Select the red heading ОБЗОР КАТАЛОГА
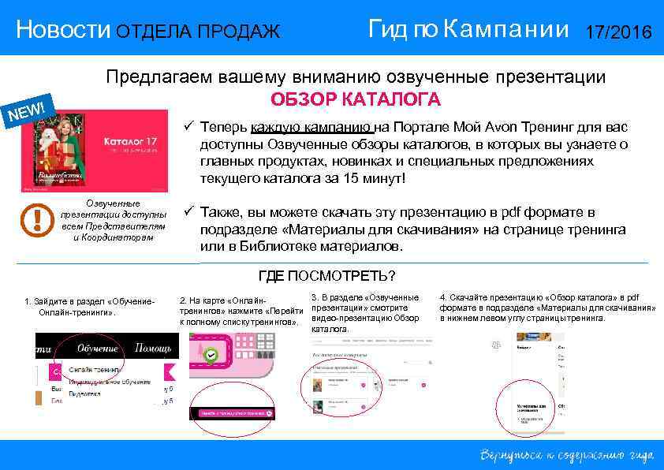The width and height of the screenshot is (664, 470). pos(356,100)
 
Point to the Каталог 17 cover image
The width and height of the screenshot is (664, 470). pos(95,151)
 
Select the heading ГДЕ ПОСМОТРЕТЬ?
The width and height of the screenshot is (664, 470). pos(326,276)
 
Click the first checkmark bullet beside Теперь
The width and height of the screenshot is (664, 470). pos(188,126)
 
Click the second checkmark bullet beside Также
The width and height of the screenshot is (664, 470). pos(188,212)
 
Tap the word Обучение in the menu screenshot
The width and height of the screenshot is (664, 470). pos(97,348)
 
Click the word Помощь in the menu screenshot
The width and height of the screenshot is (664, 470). pos(153,348)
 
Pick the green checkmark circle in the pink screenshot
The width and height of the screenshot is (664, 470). pos(211,356)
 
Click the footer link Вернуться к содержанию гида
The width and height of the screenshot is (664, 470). pos(564,455)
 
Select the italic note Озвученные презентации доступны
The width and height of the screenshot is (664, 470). pos(114,220)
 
